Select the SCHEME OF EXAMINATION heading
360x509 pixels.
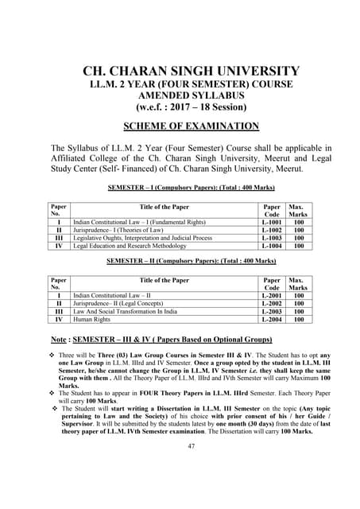coord(192,126)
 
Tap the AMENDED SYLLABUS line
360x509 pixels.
coord(192,95)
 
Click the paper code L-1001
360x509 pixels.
coord(272,222)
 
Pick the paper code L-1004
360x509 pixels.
coord(272,246)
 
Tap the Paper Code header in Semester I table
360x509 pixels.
coord(272,210)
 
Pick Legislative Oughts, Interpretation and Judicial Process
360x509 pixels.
coord(143,238)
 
